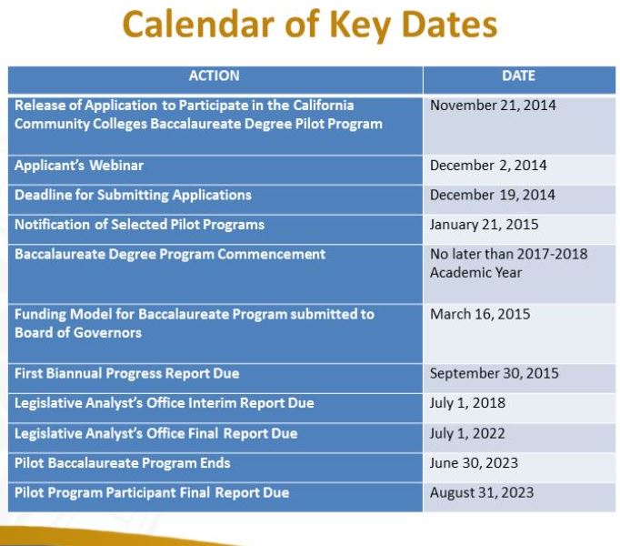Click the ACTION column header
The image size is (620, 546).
[x=215, y=76]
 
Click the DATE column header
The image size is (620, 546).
[x=518, y=76]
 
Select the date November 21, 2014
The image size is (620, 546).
[x=493, y=106]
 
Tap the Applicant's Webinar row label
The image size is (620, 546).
[x=79, y=166]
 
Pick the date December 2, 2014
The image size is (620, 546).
[x=488, y=166]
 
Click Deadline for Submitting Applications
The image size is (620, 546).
[x=133, y=195]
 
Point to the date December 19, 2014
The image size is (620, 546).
[x=492, y=195]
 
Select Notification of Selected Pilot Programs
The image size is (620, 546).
[x=139, y=225]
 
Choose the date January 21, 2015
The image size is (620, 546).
[x=484, y=225]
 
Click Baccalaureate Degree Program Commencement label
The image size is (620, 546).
[x=170, y=254]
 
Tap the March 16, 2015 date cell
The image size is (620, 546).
[x=480, y=314]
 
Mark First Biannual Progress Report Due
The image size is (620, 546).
[x=126, y=373]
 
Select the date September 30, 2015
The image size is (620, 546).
[x=495, y=373]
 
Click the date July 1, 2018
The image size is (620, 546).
[x=467, y=402]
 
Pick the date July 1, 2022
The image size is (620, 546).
[x=467, y=433]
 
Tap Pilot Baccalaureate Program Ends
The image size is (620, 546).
[x=122, y=463]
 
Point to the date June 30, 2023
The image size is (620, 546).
[x=474, y=463]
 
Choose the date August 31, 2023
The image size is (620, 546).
[x=482, y=492]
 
